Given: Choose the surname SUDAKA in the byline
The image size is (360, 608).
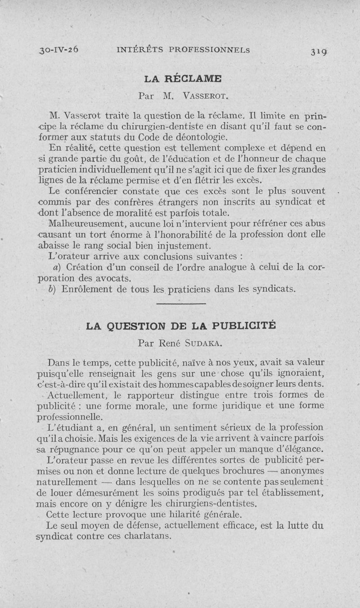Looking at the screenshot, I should pos(203,344).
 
